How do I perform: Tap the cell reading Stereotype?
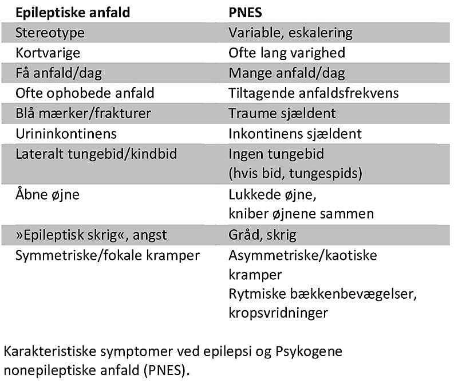tap(50, 32)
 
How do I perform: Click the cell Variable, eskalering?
tap(290, 32)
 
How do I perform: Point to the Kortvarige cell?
tap(48, 53)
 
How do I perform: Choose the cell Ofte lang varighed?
tap(287, 53)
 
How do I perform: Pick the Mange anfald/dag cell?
tap(287, 73)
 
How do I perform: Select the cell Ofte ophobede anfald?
tap(85, 93)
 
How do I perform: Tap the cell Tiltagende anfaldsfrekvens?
tap(313, 93)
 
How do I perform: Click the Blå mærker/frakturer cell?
tap(84, 113)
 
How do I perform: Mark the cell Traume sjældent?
tap(282, 113)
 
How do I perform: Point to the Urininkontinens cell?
tap(66, 134)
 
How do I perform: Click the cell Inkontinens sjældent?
tap(295, 134)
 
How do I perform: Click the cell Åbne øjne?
tap(48, 194)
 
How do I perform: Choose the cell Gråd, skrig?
tap(262, 235)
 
